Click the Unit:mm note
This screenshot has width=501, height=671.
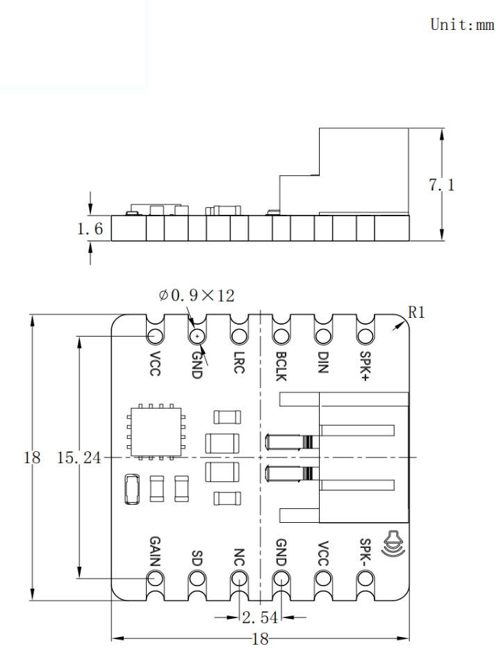[462, 24]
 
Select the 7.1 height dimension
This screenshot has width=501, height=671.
[441, 185]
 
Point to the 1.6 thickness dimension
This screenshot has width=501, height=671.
[90, 229]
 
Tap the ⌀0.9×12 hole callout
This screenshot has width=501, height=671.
[197, 296]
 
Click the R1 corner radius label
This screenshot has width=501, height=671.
[416, 312]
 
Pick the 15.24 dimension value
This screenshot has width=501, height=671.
[79, 458]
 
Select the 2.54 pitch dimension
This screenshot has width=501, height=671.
[260, 617]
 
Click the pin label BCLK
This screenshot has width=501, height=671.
[281, 366]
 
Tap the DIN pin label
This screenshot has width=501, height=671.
[323, 363]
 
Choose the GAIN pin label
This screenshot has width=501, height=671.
[155, 551]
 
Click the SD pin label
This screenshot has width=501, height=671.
[197, 558]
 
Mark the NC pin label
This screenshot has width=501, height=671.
[239, 557]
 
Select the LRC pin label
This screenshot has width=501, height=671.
[239, 362]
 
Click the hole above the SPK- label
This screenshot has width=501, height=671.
[365, 579]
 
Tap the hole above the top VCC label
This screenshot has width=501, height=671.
[155, 336]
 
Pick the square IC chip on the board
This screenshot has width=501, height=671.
[156, 431]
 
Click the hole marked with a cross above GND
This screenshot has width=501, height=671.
[197, 337]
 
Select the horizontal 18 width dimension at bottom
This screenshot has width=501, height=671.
[260, 639]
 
